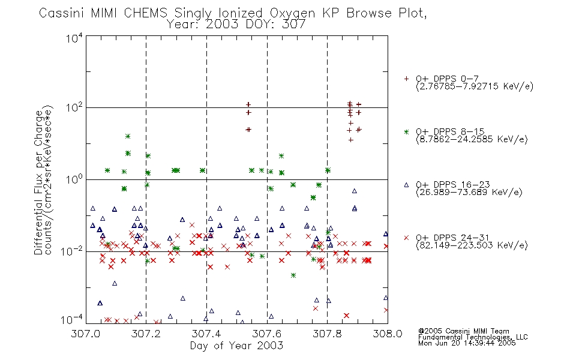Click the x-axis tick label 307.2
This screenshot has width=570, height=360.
146,334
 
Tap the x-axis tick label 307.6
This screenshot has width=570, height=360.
267,334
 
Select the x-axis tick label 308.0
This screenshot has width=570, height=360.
388,334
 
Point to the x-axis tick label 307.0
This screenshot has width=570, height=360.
85,334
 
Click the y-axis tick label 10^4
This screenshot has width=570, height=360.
74,38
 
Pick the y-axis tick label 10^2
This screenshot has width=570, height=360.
74,108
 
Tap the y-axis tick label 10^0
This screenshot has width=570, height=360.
74,179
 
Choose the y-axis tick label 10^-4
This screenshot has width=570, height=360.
72,320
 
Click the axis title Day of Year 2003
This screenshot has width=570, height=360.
236,346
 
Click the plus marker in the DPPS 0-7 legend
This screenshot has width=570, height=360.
406,79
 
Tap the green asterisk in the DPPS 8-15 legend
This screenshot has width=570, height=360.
406,131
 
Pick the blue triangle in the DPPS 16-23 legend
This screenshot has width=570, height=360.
406,185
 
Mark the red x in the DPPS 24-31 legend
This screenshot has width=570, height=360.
406,238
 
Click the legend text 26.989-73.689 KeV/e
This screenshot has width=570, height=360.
469,193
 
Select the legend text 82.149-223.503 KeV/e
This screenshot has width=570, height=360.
472,245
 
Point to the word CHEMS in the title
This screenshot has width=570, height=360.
145,13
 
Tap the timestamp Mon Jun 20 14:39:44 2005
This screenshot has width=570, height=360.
467,343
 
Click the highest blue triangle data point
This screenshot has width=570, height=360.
355,191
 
